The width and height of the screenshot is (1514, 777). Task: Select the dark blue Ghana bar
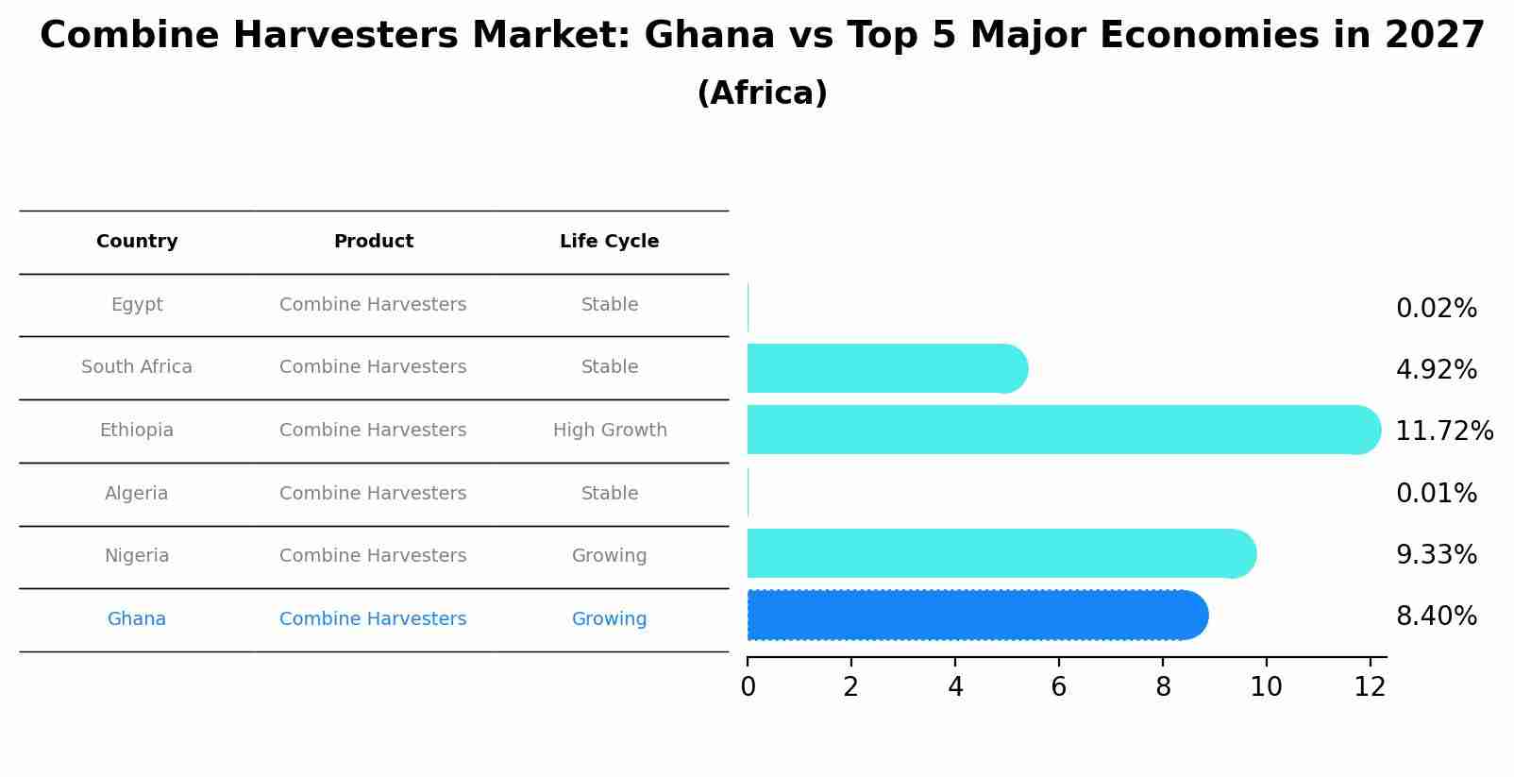click(x=977, y=616)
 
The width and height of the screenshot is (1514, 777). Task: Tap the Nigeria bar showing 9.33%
click(x=1001, y=553)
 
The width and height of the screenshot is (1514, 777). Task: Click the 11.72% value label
click(x=1443, y=431)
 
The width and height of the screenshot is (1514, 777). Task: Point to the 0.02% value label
click(x=1436, y=309)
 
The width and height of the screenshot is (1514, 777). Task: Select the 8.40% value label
click(x=1436, y=617)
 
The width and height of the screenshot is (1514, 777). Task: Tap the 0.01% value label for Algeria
click(x=1436, y=493)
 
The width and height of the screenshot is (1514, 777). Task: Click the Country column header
click(x=137, y=242)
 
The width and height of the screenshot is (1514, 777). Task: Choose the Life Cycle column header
click(x=609, y=242)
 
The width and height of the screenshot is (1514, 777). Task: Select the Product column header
click(x=373, y=242)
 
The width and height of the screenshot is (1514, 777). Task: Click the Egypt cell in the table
click(x=137, y=305)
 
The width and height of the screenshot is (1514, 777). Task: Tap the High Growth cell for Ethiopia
click(x=610, y=431)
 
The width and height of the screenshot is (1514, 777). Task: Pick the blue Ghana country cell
click(x=137, y=619)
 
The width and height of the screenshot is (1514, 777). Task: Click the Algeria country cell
click(x=137, y=494)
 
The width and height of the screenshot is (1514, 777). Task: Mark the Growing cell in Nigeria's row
click(x=609, y=556)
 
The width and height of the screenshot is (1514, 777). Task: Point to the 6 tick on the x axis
click(x=1058, y=687)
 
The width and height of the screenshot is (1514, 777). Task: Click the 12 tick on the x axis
click(x=1370, y=687)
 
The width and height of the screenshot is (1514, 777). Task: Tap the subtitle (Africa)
click(x=762, y=93)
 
